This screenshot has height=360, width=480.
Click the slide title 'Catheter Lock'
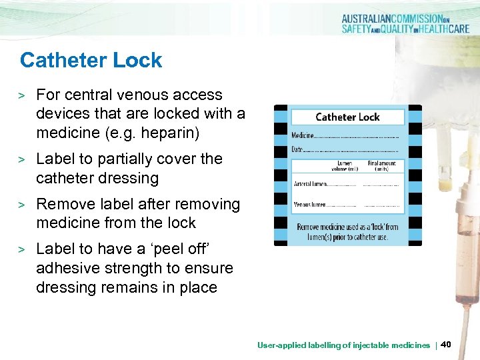(x=91, y=60)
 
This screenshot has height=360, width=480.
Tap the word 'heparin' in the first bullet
(x=173, y=133)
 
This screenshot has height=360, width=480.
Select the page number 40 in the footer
(x=446, y=344)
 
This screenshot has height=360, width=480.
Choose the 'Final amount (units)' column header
(x=381, y=165)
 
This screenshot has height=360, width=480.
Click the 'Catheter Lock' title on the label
(x=347, y=117)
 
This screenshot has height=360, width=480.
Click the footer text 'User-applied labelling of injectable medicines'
(x=343, y=345)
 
